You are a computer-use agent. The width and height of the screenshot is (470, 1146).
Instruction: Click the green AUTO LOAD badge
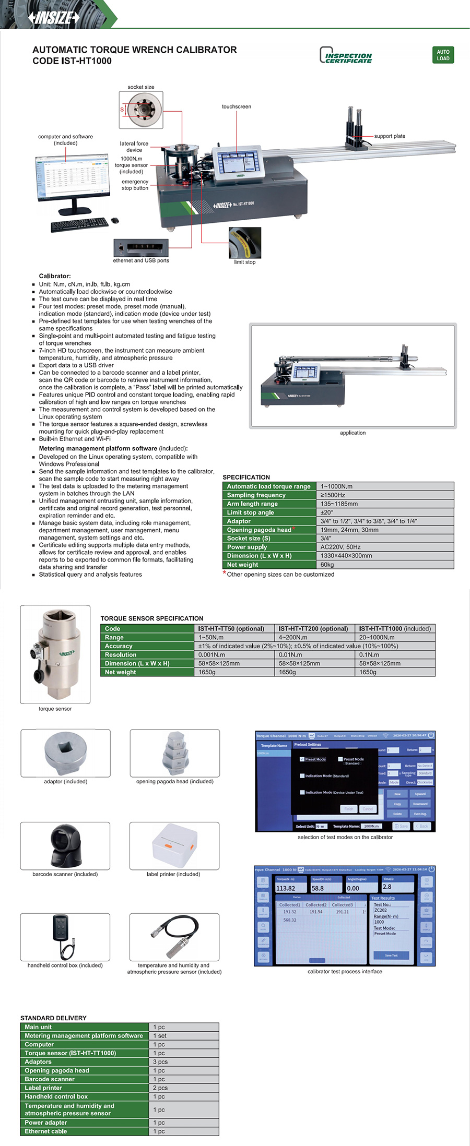pyautogui.click(x=443, y=55)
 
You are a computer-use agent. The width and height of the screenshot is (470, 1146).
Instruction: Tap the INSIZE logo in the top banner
pyautogui.click(x=54, y=18)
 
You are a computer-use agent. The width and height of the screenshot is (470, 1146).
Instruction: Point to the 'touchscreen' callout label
pyautogui.click(x=236, y=106)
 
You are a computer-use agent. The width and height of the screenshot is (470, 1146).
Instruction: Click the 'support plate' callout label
pyautogui.click(x=390, y=136)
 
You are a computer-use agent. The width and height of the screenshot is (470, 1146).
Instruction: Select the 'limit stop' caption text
pyautogui.click(x=244, y=262)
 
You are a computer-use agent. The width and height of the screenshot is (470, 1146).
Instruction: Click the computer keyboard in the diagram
pyautogui.click(x=79, y=224)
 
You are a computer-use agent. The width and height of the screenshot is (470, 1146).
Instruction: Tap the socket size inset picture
pyautogui.click(x=141, y=110)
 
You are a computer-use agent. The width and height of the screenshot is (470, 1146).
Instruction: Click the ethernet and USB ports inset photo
pyautogui.click(x=141, y=247)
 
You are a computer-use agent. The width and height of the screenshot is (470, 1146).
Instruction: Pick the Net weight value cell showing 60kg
pyautogui.click(x=327, y=565)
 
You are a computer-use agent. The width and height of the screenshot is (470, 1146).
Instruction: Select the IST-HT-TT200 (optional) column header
pyautogui.click(x=313, y=629)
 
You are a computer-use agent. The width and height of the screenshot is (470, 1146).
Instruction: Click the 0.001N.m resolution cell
pyautogui.click(x=212, y=655)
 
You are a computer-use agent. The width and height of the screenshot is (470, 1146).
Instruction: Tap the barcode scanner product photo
pyautogui.click(x=65, y=845)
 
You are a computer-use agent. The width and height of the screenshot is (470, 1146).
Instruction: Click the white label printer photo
pyautogui.click(x=174, y=845)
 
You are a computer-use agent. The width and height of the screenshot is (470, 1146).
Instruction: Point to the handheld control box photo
pyautogui.click(x=65, y=937)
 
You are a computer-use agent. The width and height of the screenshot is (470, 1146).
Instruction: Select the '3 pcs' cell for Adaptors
pyautogui.click(x=160, y=1062)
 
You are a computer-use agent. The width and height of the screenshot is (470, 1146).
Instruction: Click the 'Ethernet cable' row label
pyautogui.click(x=46, y=1131)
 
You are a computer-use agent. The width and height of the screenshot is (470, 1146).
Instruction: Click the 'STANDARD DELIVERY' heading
pyautogui.click(x=53, y=1018)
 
